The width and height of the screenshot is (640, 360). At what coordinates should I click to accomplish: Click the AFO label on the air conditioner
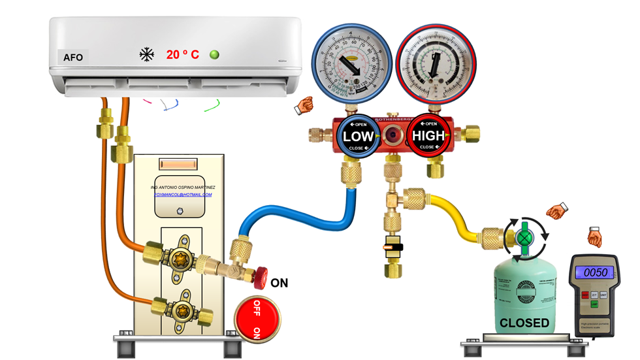(x=73, y=57)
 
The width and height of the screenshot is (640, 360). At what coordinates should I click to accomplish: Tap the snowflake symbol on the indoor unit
(x=147, y=55)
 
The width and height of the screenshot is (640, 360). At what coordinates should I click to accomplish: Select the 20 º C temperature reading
(x=182, y=55)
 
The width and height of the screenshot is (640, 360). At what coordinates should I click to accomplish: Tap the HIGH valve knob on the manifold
(x=428, y=136)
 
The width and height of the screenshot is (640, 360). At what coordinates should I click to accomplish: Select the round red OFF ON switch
(x=255, y=317)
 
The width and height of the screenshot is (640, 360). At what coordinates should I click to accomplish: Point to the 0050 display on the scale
(x=595, y=272)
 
